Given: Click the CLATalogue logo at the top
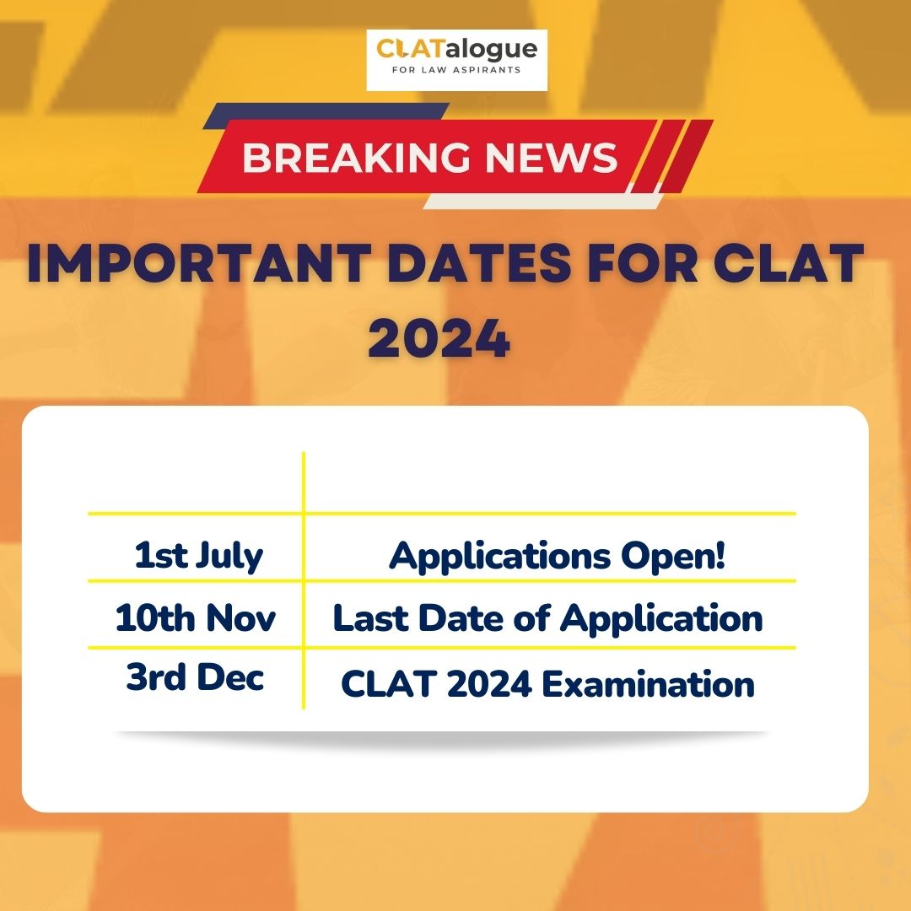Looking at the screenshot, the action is [x=456, y=60].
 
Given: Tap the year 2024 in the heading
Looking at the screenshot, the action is [x=439, y=338].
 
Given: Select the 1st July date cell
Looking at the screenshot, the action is [x=199, y=556].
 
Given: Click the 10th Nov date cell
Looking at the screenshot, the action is [x=195, y=617].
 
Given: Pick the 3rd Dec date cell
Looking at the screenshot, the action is [x=195, y=677].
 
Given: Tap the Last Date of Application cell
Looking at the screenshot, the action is [x=548, y=617].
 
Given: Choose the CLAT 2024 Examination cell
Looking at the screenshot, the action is [x=548, y=684].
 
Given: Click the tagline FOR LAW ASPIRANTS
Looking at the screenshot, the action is [x=456, y=70].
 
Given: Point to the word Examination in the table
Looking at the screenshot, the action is [x=649, y=684].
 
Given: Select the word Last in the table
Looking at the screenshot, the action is [x=370, y=617].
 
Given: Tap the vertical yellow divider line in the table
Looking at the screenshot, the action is [x=304, y=580].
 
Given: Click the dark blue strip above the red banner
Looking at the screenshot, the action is [x=326, y=111].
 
